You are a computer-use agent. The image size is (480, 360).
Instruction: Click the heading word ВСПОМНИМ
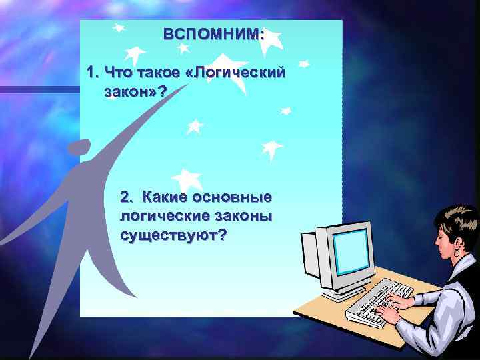click(x=213, y=34)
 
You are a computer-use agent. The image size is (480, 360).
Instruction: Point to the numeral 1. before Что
click(x=93, y=72)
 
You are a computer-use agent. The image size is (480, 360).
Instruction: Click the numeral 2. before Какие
click(x=127, y=198)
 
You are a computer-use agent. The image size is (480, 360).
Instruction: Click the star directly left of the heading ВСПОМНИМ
click(x=119, y=29)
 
